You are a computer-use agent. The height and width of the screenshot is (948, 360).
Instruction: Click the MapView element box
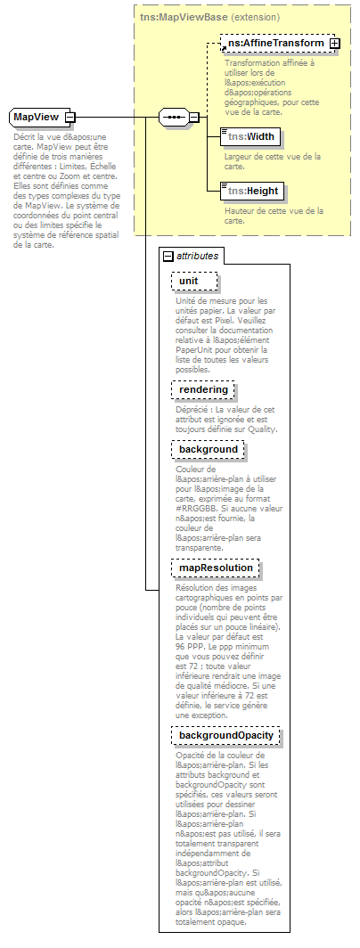(x=36, y=118)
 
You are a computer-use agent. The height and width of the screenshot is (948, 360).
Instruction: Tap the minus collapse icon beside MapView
(x=70, y=118)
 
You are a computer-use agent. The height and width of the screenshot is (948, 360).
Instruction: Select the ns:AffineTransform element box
(x=274, y=43)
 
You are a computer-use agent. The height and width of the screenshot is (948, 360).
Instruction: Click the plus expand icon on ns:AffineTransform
(x=334, y=43)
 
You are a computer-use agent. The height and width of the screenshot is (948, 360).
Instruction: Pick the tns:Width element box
(x=250, y=137)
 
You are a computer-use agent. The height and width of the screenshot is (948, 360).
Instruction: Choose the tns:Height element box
(x=252, y=191)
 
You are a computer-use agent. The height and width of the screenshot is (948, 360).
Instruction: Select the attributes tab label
(x=197, y=256)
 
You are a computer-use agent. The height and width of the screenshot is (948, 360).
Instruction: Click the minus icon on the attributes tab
(x=168, y=256)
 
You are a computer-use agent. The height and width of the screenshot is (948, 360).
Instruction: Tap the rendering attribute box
(x=203, y=390)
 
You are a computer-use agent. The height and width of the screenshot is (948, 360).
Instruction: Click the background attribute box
(x=207, y=449)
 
